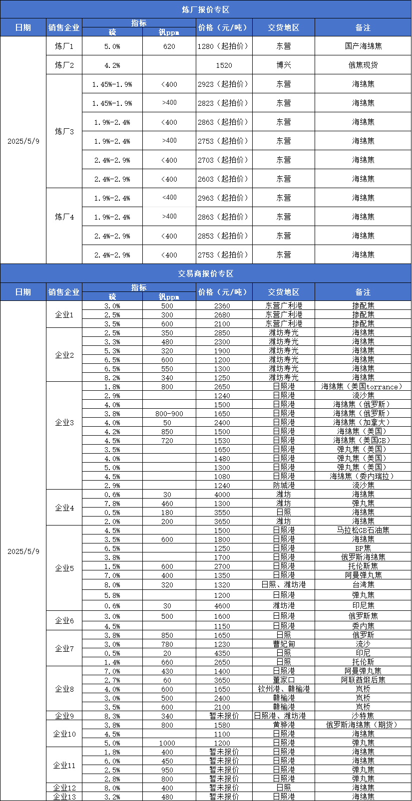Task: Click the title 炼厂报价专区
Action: click(206, 9)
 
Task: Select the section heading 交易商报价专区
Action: click(206, 273)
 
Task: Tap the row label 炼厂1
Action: click(64, 46)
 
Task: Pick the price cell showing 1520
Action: click(224, 65)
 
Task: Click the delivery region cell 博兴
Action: click(283, 65)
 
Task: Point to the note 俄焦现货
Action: click(363, 65)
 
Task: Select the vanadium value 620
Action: click(169, 46)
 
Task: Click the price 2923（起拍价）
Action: click(224, 84)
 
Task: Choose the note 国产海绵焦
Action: click(363, 46)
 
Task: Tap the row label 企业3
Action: click(64, 423)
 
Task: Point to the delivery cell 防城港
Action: click(283, 485)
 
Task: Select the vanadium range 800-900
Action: click(169, 414)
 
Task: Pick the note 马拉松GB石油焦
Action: click(363, 530)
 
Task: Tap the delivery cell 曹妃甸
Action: click(283, 644)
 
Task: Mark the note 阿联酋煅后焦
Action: click(363, 680)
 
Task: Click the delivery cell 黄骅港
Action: click(283, 725)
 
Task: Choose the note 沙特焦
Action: click(363, 716)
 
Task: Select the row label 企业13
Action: click(64, 797)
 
